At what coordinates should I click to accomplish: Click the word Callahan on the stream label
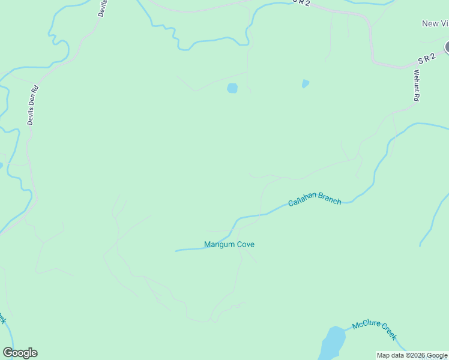click(x=303, y=202)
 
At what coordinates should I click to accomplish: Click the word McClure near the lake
click(x=365, y=326)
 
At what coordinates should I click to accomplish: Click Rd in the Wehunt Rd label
click(x=417, y=96)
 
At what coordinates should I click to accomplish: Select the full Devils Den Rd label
click(x=33, y=105)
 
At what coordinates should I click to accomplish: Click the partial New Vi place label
click(x=435, y=23)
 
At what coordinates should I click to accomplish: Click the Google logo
click(x=20, y=353)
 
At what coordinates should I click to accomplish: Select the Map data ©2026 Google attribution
click(x=412, y=355)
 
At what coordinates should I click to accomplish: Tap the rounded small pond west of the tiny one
click(x=232, y=88)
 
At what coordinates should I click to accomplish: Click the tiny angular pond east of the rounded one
click(x=306, y=83)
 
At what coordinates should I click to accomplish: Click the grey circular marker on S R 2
click(x=447, y=47)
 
